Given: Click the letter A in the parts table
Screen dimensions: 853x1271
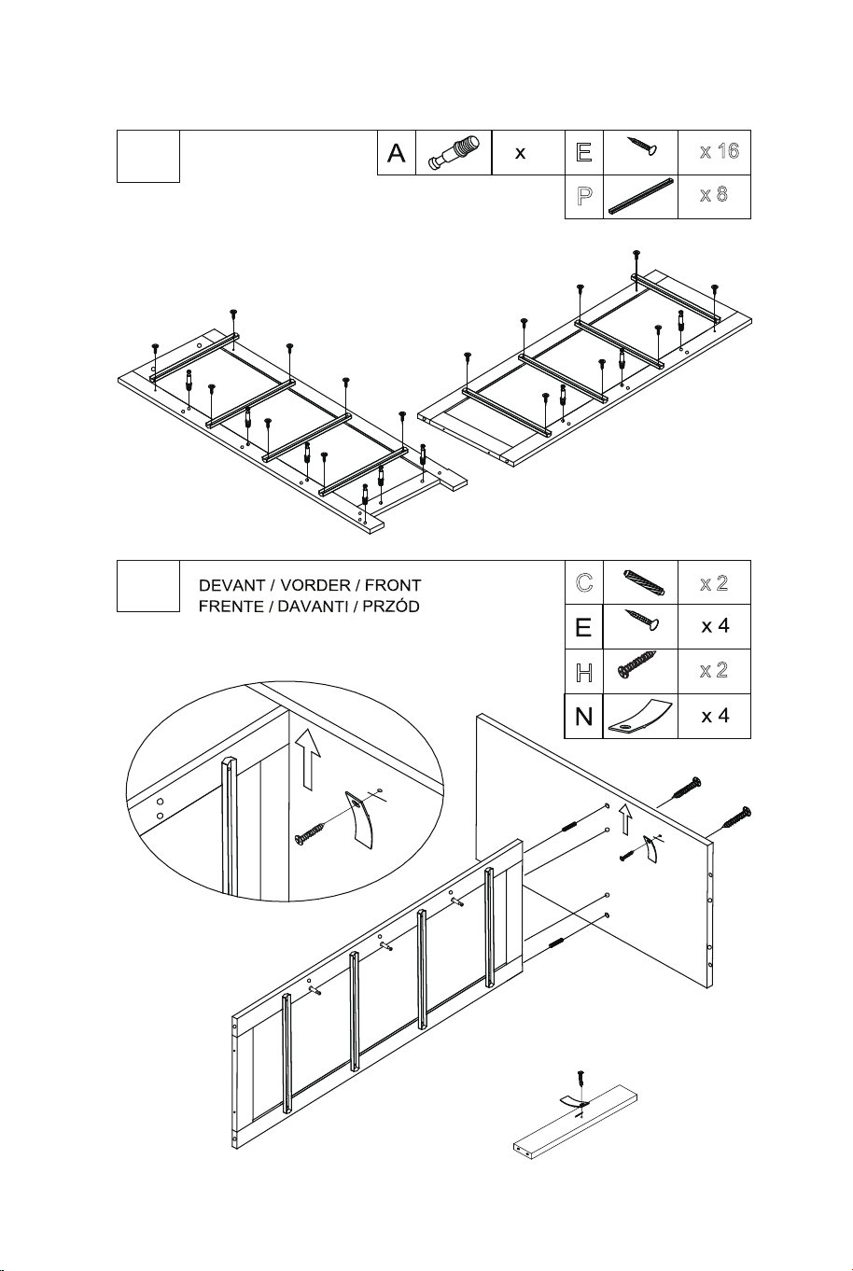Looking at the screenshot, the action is click(x=396, y=153).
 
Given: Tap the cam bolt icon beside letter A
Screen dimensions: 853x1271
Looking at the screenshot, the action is click(x=454, y=152).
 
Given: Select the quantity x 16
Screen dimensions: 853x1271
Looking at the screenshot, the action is click(x=720, y=151).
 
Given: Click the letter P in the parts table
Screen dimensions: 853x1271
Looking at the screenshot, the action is click(x=584, y=196).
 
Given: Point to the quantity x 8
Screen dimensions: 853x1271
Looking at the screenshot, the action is click(x=714, y=195).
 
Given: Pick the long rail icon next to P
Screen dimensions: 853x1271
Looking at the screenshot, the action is click(x=641, y=196).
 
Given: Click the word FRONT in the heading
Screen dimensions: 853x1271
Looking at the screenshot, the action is click(x=393, y=585).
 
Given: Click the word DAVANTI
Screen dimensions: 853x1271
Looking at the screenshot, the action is click(x=313, y=607).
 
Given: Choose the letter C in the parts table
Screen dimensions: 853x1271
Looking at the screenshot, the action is click(x=584, y=582).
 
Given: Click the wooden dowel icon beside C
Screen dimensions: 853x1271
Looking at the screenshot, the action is click(x=643, y=582).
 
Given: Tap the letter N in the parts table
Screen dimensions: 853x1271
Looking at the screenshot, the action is click(x=583, y=717).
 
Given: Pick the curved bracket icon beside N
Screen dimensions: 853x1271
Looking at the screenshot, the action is click(x=639, y=717).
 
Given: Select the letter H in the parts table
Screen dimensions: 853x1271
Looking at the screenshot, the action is click(x=584, y=673).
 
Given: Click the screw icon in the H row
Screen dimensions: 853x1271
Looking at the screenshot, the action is click(x=637, y=663).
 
